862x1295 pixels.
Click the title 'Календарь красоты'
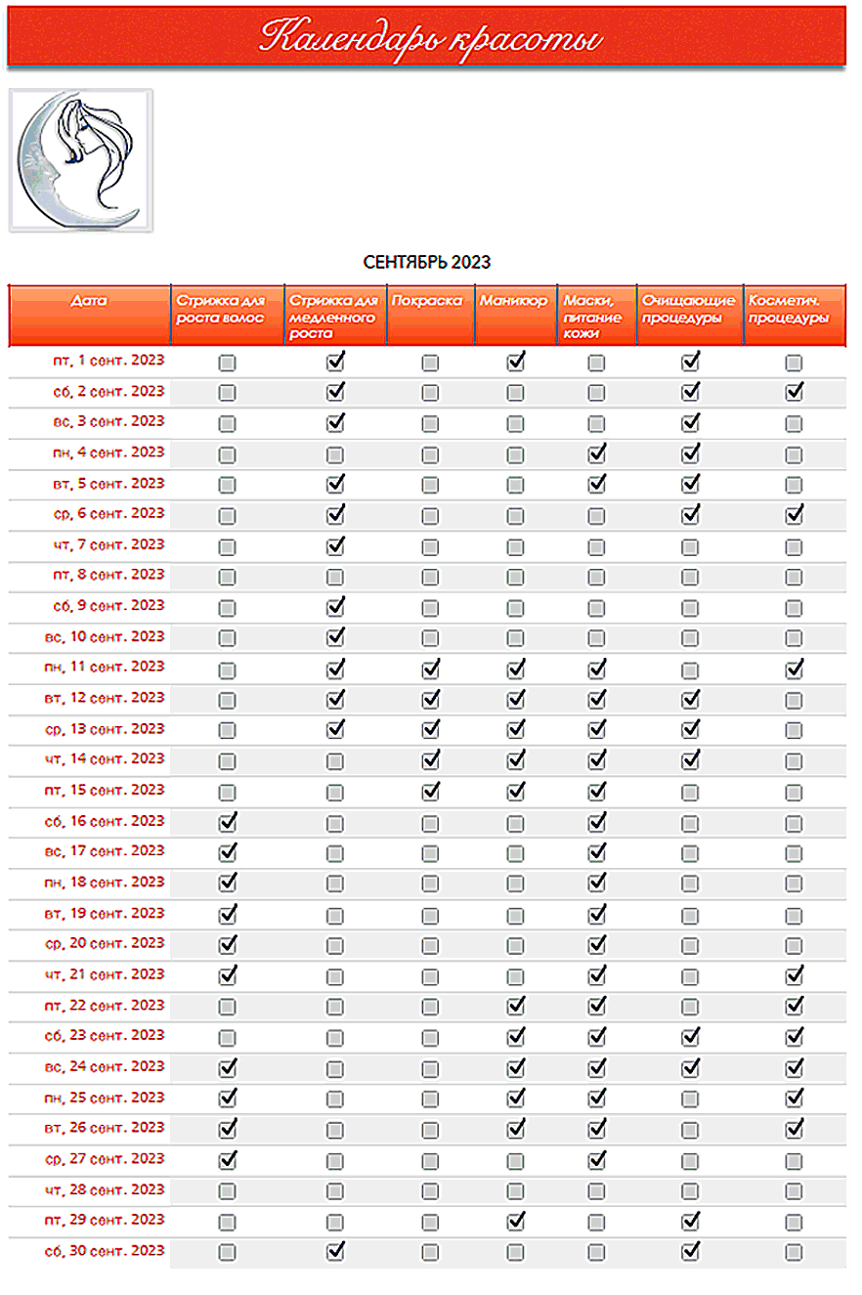pyautogui.click(x=430, y=38)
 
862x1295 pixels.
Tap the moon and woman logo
pyautogui.click(x=80, y=160)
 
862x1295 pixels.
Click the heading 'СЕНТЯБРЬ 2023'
pyautogui.click(x=427, y=262)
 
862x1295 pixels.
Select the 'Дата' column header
pyautogui.click(x=90, y=302)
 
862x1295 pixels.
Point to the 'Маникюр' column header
pyautogui.click(x=514, y=302)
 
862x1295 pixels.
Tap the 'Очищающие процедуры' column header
pyautogui.click(x=689, y=310)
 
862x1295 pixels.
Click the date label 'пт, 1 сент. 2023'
pyautogui.click(x=108, y=361)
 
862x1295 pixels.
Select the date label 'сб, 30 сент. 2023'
pyautogui.click(x=106, y=1251)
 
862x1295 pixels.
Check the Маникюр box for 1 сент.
pyautogui.click(x=516, y=363)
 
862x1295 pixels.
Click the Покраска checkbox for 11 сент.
pyautogui.click(x=430, y=669)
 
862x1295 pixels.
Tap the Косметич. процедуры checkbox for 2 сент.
pyautogui.click(x=794, y=393)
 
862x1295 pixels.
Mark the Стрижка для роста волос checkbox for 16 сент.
pyautogui.click(x=228, y=822)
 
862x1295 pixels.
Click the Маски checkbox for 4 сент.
pyautogui.click(x=596, y=454)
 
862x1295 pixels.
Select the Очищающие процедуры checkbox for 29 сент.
pyautogui.click(x=690, y=1222)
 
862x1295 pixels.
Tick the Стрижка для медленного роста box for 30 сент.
pyautogui.click(x=335, y=1252)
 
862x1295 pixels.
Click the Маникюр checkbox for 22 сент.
pyautogui.click(x=516, y=1006)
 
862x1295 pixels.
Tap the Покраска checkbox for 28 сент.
pyautogui.click(x=430, y=1191)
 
